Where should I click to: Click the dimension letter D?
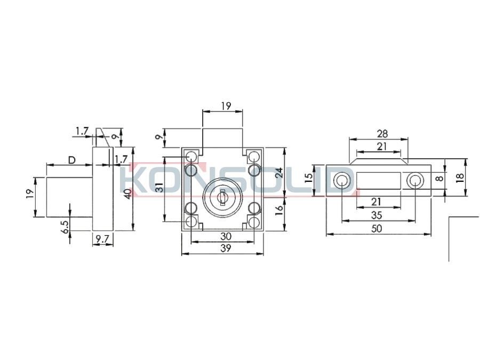(71, 160)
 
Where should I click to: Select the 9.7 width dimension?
(102, 239)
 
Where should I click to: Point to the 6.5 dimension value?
(66, 227)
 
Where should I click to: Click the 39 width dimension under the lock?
(226, 248)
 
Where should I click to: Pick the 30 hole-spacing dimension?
(226, 236)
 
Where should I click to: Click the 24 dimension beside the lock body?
(279, 173)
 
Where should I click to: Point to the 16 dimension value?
(279, 211)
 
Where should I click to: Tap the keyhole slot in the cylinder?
(222, 196)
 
